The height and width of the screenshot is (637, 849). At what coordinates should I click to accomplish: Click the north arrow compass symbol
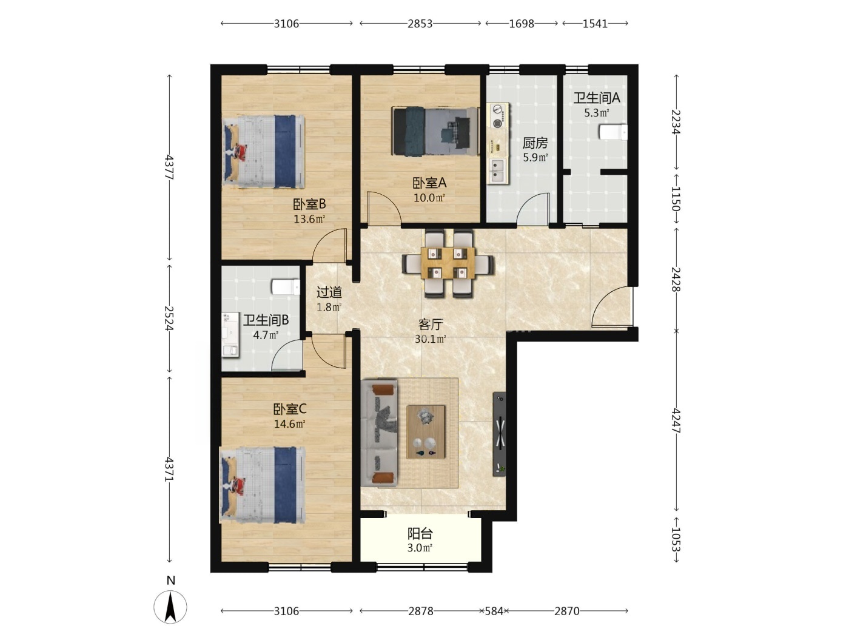[170, 607]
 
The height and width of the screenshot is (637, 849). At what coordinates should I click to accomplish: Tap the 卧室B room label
[309, 204]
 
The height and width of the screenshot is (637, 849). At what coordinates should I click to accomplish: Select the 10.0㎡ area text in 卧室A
[429, 198]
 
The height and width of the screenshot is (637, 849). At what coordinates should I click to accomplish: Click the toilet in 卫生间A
[612, 132]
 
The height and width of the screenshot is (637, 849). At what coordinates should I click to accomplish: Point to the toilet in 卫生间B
[286, 287]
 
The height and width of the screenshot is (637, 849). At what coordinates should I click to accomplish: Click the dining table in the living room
[448, 263]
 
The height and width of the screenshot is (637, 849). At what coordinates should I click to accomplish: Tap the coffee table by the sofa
[426, 431]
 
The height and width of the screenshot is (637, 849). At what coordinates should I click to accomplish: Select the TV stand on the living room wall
[499, 434]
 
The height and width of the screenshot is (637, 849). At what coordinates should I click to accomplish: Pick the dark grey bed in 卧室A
[435, 132]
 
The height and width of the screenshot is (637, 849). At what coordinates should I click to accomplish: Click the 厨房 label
[535, 143]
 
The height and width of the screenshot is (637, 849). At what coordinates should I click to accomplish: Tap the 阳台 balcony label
[420, 534]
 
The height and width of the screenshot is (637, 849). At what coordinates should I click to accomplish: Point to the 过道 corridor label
[329, 292]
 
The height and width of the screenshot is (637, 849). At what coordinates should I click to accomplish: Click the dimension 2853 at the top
[420, 24]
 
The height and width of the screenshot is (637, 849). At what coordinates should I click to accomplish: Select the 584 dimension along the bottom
[494, 611]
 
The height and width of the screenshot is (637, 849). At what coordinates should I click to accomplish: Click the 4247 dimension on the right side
[676, 420]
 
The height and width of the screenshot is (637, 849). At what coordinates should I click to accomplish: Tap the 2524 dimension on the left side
[169, 318]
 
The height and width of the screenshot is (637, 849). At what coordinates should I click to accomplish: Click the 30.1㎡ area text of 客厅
[430, 339]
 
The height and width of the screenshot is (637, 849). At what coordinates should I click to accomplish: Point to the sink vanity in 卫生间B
[230, 335]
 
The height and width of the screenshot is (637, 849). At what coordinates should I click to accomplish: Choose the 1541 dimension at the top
[595, 24]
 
